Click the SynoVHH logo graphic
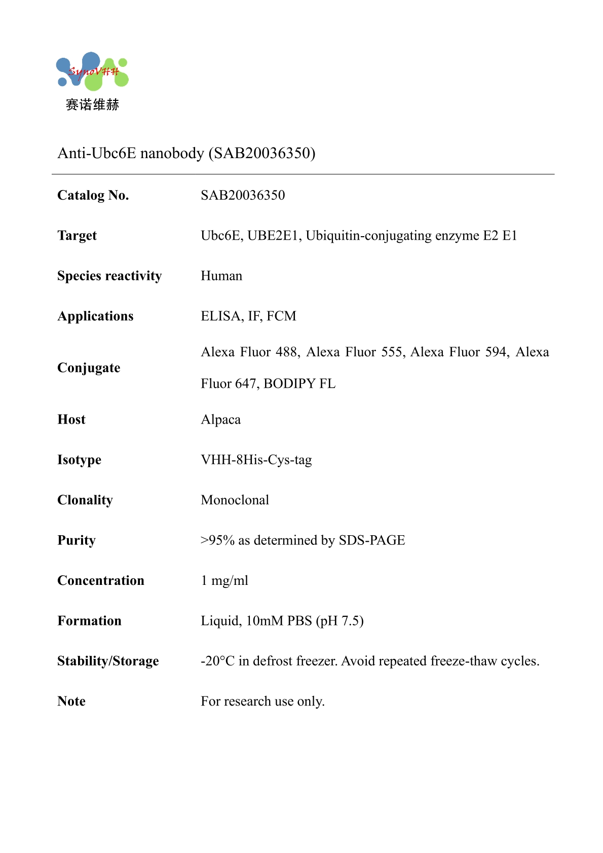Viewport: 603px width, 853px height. coord(92,71)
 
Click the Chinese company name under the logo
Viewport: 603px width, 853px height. coord(92,105)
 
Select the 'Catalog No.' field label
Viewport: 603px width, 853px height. coord(93,195)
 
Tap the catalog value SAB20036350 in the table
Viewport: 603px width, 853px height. coord(243,195)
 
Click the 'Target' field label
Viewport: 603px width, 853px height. coord(77,236)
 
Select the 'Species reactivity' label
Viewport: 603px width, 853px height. coord(109,276)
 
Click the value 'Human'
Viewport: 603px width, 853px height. coord(221,276)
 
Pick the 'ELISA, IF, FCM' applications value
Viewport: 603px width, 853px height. coord(248,316)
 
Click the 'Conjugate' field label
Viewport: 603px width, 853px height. coord(89,367)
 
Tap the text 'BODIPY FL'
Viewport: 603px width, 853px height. coord(299,384)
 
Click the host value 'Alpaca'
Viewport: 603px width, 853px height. coord(221,420)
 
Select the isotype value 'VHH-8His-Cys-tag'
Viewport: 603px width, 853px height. coord(256,460)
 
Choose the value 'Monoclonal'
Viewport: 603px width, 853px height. coord(235,500)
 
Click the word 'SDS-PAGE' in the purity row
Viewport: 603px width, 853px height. coord(372,540)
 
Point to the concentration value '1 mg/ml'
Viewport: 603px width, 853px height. coord(224,580)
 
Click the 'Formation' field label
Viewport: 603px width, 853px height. coord(90,621)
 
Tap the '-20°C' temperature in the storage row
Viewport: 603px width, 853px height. coord(217,661)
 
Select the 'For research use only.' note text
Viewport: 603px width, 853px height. coord(262,701)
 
